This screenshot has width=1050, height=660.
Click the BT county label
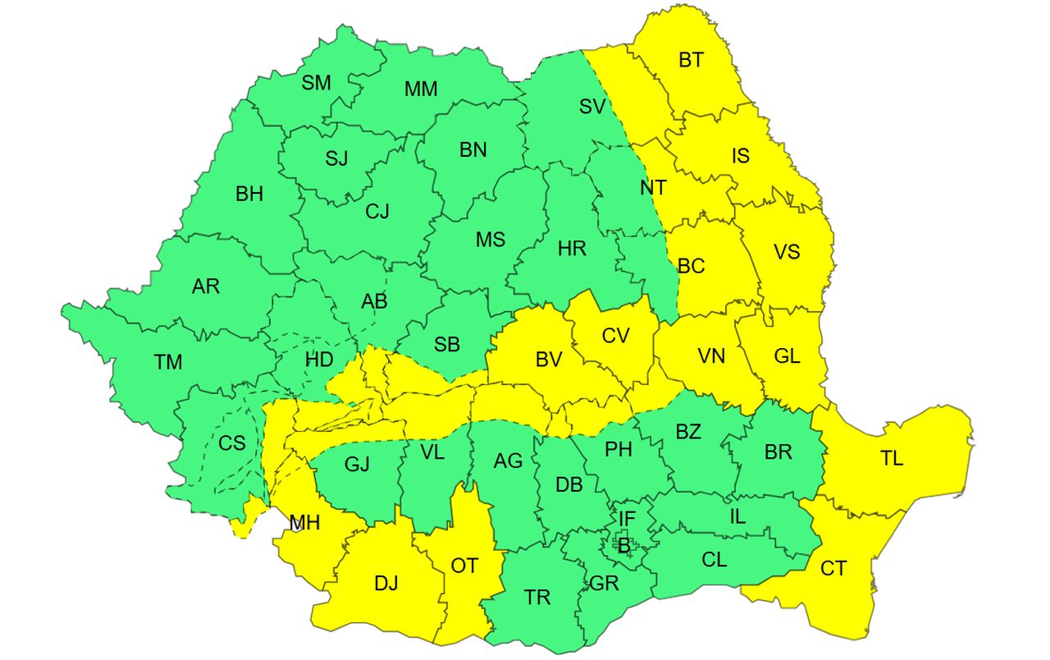pyautogui.click(x=691, y=60)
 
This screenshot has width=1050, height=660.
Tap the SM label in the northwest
pyautogui.click(x=316, y=82)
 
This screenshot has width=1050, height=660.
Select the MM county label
pyautogui.click(x=421, y=89)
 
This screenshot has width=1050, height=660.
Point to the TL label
pyautogui.click(x=892, y=459)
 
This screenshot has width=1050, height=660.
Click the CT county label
pyautogui.click(x=833, y=568)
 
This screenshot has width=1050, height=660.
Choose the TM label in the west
pyautogui.click(x=168, y=361)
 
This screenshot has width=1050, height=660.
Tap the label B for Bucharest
pyautogui.click(x=623, y=543)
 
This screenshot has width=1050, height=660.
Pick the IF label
pyautogui.click(x=627, y=519)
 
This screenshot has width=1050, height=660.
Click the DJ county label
pyautogui.click(x=386, y=584)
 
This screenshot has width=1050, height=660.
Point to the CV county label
pyautogui.click(x=615, y=336)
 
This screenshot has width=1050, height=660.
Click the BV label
pyautogui.click(x=549, y=360)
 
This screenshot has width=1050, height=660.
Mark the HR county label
pyautogui.click(x=572, y=248)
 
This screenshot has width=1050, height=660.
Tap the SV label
pyautogui.click(x=592, y=106)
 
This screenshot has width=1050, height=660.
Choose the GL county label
pyautogui.click(x=787, y=356)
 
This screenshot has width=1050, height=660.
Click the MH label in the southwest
pyautogui.click(x=304, y=522)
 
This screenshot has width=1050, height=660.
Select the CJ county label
pyautogui.click(x=377, y=212)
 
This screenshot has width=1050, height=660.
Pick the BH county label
pyautogui.click(x=249, y=195)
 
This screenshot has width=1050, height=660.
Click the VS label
pyautogui.click(x=787, y=251)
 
